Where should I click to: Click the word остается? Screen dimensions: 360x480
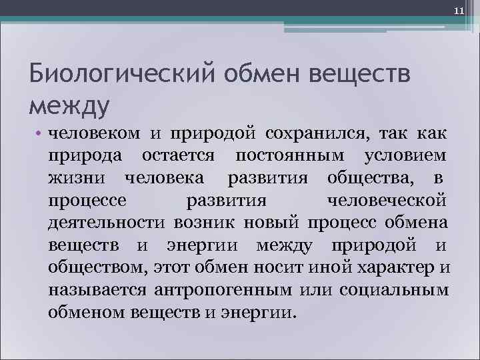click(178, 155)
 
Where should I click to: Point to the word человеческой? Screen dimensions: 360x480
click(387, 201)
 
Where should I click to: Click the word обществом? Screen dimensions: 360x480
click(93, 269)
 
